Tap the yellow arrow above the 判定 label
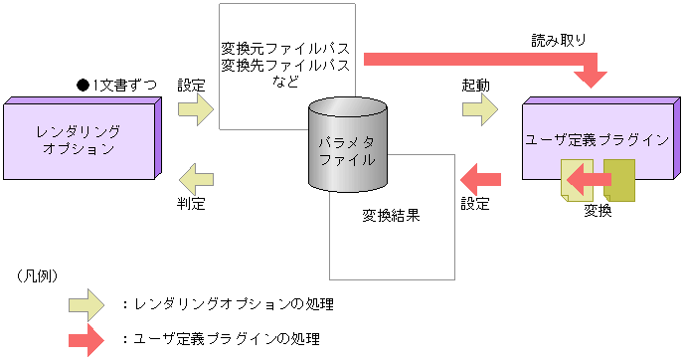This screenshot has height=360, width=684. pos(194,180)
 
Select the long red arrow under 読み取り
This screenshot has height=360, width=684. pos(477,61)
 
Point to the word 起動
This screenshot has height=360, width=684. pos(475,86)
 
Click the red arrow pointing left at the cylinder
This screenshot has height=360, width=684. pos(480,179)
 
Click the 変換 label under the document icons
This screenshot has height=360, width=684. pos(598,210)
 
